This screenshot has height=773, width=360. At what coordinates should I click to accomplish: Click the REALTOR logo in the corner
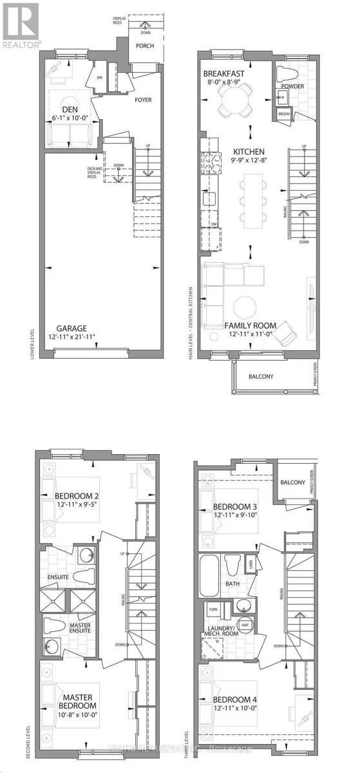point(20,25)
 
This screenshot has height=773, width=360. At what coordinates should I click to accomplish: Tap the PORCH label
point(144,45)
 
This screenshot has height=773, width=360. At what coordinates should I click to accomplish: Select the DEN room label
point(70,109)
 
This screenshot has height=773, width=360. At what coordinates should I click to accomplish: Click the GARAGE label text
point(71,328)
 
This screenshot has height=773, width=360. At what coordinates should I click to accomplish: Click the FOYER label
point(142,100)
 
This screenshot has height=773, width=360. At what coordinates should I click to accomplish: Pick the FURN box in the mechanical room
point(213,608)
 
